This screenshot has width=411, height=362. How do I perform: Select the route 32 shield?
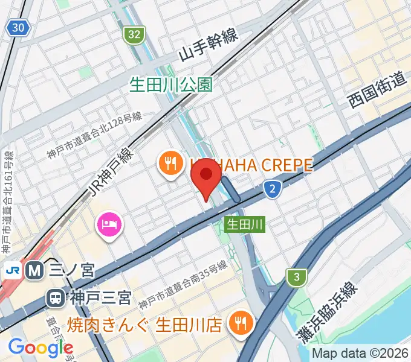click(134, 34)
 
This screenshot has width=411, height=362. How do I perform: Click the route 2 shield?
click(273, 190)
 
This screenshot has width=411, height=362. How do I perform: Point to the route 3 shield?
click(296, 278)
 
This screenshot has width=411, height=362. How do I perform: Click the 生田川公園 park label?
click(171, 84)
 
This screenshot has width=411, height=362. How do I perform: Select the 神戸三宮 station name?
click(99, 297)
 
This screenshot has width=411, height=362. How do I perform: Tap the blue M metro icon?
click(35, 270)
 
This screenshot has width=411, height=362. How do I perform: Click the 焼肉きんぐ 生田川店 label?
click(149, 325)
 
